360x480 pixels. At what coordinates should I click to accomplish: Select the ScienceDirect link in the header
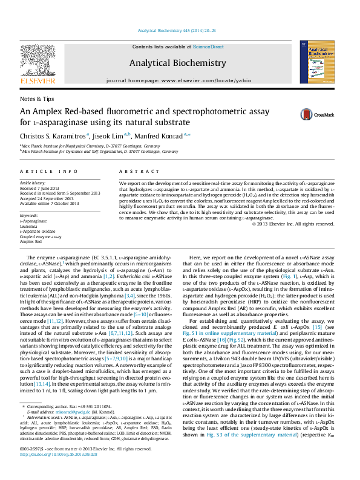coord(208,47)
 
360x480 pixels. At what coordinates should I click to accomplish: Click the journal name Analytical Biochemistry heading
coord(177,63)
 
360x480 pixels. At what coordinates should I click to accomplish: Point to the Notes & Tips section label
coord(37,99)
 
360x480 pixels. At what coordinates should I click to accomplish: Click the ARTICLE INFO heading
coord(48,172)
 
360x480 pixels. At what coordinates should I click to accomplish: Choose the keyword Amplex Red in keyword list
coord(31,241)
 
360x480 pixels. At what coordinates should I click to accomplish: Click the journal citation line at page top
coord(178,30)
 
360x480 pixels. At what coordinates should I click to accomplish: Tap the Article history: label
coord(33,182)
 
